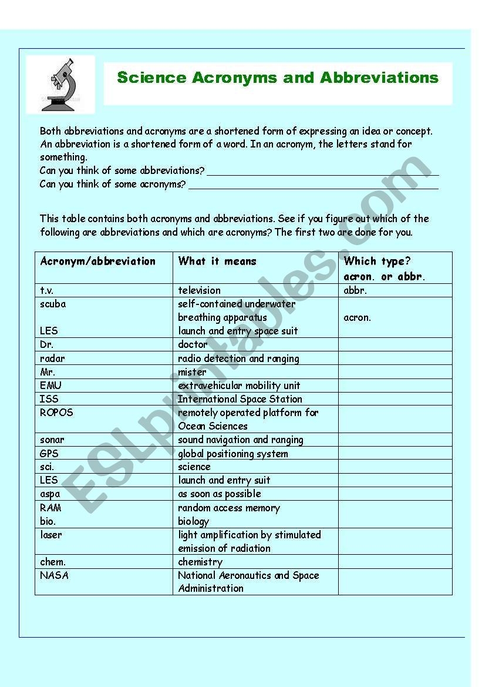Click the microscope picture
click(x=60, y=84)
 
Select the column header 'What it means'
click(x=217, y=261)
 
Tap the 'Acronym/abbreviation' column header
click(x=97, y=261)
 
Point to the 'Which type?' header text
click(x=377, y=261)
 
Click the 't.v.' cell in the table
click(x=47, y=290)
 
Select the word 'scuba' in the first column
click(x=53, y=304)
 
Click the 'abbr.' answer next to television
click(x=355, y=290)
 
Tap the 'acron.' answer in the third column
click(x=357, y=317)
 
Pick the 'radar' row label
click(x=52, y=358)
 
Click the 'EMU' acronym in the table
click(x=50, y=386)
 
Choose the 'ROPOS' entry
click(x=56, y=413)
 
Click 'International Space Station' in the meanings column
click(x=240, y=399)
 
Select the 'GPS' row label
click(x=49, y=454)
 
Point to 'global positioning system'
click(x=233, y=454)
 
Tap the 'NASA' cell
click(x=54, y=575)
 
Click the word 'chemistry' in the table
click(x=200, y=562)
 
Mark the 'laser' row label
click(x=51, y=535)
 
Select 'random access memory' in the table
click(x=229, y=508)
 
